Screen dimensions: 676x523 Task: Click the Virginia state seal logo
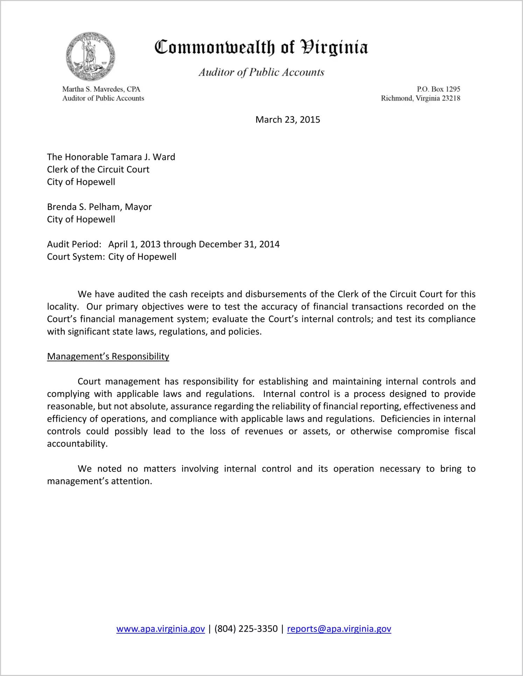(91, 57)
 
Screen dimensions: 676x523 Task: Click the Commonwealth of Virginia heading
(261, 47)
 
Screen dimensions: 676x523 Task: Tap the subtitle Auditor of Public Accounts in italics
(261, 72)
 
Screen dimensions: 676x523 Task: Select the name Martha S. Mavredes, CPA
(101, 89)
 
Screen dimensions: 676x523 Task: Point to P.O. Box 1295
(438, 89)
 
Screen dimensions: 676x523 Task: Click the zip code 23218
(451, 98)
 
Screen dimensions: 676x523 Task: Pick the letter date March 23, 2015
(288, 120)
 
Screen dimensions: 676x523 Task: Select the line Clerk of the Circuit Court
(98, 169)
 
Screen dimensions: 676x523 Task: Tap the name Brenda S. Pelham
(84, 207)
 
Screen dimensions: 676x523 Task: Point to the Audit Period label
(74, 244)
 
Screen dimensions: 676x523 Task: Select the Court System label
(76, 257)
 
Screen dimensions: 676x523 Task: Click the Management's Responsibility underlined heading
(108, 356)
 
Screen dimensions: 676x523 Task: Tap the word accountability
(77, 444)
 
